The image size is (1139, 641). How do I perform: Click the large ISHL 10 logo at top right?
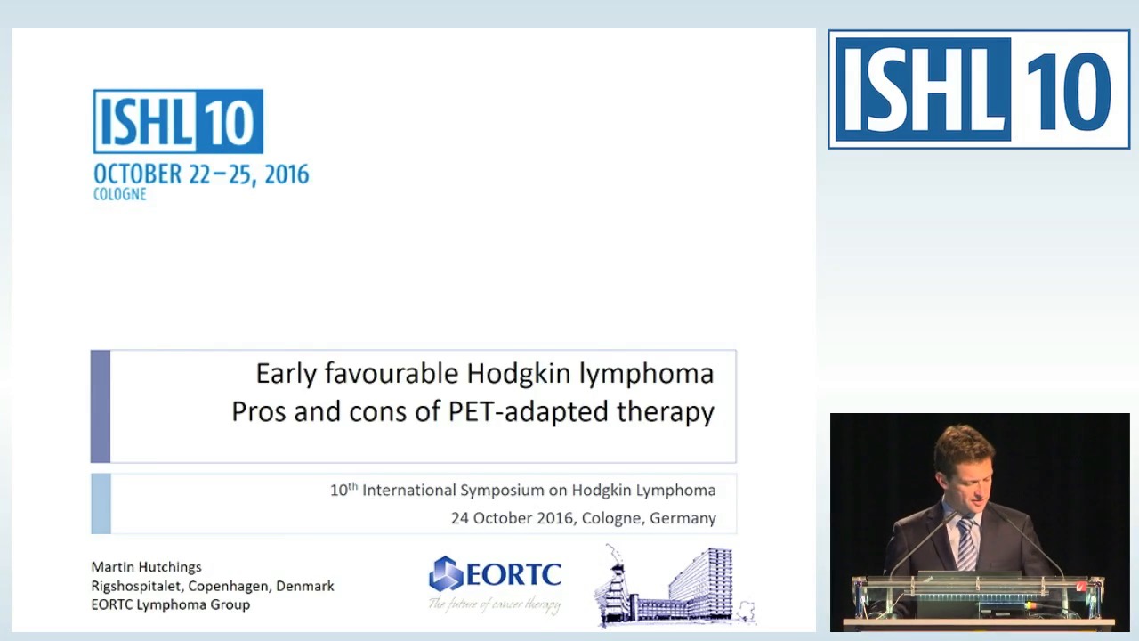[x=979, y=89]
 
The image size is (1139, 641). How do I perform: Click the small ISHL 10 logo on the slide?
[x=178, y=121]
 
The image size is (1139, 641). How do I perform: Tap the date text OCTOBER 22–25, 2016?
[x=201, y=174]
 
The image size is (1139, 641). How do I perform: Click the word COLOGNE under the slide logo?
[x=119, y=194]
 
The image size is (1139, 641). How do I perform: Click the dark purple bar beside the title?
[x=101, y=406]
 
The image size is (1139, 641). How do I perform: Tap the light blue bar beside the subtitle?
[x=101, y=504]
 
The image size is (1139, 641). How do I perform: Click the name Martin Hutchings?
[x=146, y=567]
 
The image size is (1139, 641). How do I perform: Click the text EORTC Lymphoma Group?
[x=170, y=604]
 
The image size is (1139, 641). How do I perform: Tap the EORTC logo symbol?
[x=446, y=574]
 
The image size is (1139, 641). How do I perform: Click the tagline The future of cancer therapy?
[x=495, y=604]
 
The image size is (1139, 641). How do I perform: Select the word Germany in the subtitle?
[x=683, y=518]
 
